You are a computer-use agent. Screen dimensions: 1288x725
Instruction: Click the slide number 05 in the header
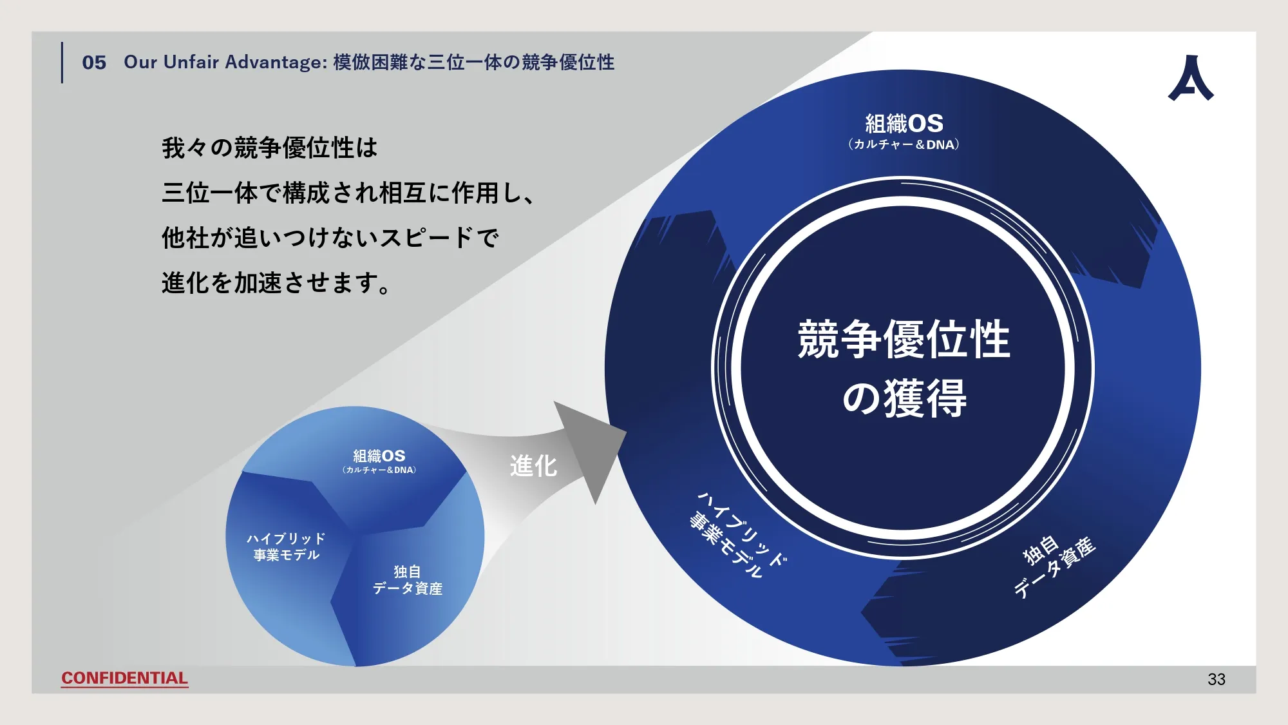point(94,63)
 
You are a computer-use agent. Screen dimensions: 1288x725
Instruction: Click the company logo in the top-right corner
point(1191,77)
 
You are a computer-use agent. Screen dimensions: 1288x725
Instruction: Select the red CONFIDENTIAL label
point(124,678)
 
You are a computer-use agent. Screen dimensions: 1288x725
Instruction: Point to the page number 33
point(1217,679)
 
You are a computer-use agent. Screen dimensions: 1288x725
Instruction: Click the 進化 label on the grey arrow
point(533,465)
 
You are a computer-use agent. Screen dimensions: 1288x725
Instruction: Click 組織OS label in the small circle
point(379,456)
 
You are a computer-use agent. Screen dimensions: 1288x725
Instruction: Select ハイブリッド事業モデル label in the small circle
point(286,546)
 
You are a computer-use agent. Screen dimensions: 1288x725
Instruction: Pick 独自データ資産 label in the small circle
point(408,580)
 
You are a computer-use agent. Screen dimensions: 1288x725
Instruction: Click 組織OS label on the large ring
point(904,123)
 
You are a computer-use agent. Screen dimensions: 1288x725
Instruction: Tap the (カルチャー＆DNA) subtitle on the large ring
point(904,144)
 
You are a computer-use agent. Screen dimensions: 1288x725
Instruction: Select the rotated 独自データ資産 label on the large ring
point(1054,566)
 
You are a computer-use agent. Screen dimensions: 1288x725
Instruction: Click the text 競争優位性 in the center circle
point(904,339)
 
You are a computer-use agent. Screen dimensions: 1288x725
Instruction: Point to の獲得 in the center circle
point(904,398)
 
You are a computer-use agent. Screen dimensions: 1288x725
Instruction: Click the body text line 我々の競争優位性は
point(270,148)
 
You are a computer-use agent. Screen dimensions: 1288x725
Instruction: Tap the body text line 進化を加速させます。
point(276,283)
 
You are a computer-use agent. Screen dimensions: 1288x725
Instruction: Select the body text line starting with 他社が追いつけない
point(330,238)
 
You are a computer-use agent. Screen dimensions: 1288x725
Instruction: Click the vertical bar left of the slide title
point(62,63)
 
